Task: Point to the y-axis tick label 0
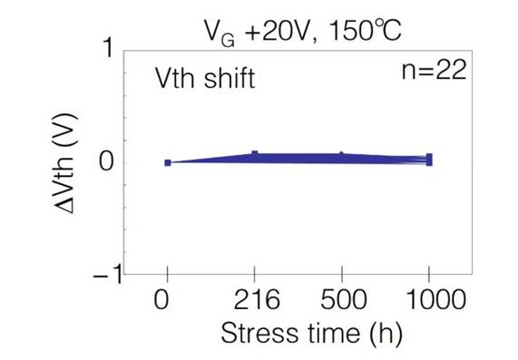pos(107,163)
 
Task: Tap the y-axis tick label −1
pos(103,275)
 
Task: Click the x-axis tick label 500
pos(341,301)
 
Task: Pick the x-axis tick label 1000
pos(428,301)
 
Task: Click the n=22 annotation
pos(434,72)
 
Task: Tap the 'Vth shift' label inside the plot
pos(203,79)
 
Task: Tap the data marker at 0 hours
pos(168,162)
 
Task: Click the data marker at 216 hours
pos(255,154)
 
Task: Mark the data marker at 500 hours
pos(341,156)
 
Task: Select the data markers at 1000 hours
pos(428,160)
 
